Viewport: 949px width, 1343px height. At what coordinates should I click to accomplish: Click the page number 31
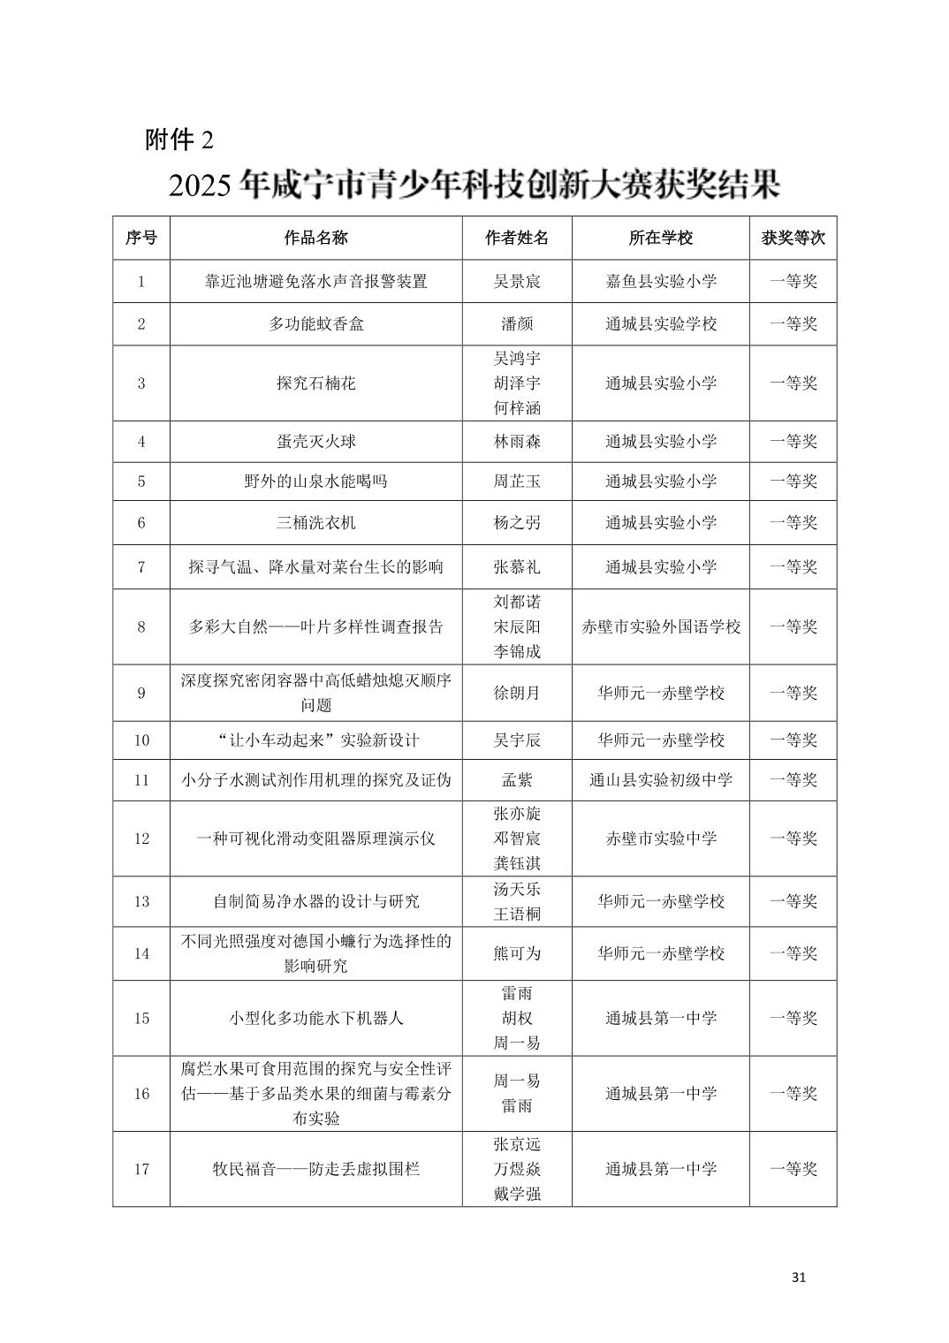(799, 1277)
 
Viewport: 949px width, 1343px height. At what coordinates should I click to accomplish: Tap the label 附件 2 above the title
(179, 140)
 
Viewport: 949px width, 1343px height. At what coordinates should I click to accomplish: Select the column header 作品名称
(315, 238)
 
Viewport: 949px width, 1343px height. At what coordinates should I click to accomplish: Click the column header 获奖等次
(793, 238)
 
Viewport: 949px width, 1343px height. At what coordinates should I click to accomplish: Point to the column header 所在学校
(660, 238)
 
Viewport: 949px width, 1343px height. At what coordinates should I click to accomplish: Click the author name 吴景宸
(517, 282)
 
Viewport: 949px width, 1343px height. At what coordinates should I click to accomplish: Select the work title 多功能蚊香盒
(315, 324)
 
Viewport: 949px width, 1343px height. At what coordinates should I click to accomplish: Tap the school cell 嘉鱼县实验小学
(660, 282)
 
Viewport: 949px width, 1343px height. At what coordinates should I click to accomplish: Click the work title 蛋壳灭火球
(315, 442)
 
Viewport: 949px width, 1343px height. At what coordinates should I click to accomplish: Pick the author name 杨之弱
(517, 523)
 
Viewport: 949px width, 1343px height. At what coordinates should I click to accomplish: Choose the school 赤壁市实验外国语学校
(660, 627)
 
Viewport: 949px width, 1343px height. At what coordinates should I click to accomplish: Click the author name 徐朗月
(517, 694)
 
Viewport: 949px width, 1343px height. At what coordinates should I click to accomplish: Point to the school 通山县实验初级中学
(660, 780)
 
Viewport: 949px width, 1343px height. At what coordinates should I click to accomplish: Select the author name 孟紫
(517, 780)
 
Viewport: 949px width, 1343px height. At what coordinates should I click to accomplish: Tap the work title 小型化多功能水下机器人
(315, 1018)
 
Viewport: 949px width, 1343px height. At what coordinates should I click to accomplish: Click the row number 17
(141, 1170)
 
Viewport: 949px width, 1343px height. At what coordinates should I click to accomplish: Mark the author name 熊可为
(517, 954)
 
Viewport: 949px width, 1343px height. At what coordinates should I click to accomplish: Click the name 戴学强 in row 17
(517, 1195)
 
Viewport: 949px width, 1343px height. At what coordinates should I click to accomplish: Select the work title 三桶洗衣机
(315, 523)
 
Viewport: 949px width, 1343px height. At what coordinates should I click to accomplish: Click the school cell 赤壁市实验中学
(660, 838)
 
